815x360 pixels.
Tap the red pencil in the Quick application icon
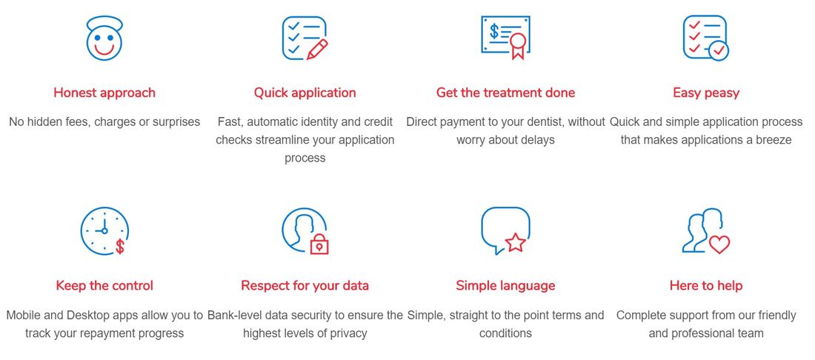click(x=318, y=50)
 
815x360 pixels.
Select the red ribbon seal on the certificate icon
click(x=518, y=45)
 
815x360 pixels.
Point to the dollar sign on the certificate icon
click(x=494, y=32)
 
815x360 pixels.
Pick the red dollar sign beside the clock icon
click(x=120, y=246)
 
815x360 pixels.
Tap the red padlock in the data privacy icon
click(x=319, y=243)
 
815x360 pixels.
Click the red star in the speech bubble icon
click(x=516, y=243)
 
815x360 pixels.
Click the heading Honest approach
click(x=104, y=93)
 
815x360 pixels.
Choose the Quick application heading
click(x=305, y=93)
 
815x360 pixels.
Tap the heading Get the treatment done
click(x=506, y=93)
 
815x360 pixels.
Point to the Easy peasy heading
click(x=706, y=93)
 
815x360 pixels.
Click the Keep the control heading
click(x=104, y=286)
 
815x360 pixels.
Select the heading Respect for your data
click(x=305, y=286)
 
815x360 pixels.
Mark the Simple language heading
click(x=506, y=286)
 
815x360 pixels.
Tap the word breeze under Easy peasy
click(x=773, y=140)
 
